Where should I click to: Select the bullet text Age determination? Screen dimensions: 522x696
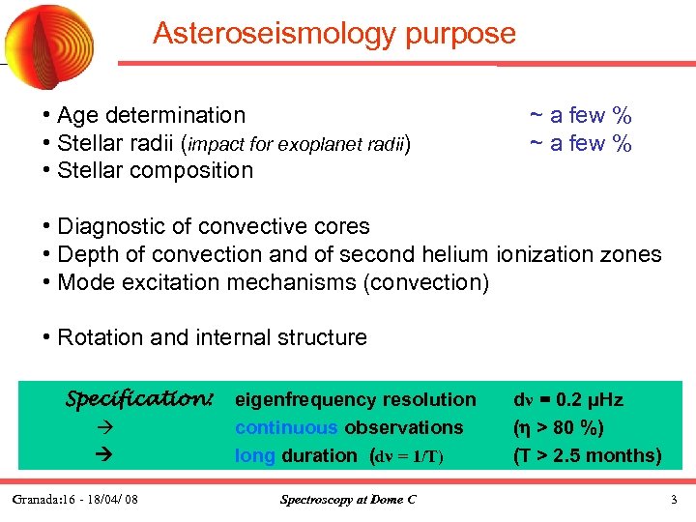151,116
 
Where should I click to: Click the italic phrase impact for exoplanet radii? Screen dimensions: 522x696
297,144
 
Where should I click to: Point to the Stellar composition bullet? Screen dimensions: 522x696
155,171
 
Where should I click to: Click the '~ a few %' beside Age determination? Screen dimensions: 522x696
580,116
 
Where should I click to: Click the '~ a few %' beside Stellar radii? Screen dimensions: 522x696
580,144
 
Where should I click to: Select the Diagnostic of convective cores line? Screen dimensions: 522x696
213,227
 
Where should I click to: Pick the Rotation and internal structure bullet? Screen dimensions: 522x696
212,338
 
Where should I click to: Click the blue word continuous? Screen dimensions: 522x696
286,427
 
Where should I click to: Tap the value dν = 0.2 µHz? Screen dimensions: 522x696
568,399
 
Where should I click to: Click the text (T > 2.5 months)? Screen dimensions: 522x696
587,455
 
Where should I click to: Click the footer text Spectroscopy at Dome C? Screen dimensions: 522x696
348,500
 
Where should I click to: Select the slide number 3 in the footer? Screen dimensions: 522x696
674,500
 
